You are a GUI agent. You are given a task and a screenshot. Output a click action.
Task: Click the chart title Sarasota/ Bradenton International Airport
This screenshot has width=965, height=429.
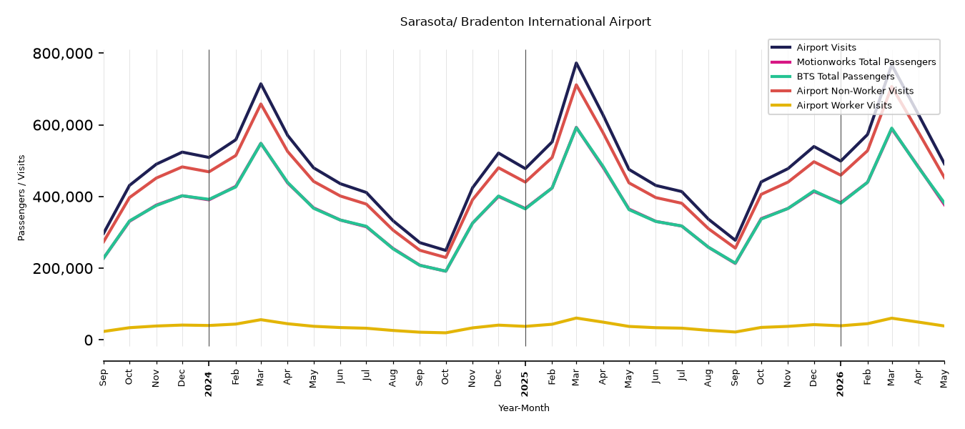pyautogui.click(x=525, y=21)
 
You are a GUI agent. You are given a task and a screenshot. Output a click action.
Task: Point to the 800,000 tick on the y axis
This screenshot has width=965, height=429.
pyautogui.click(x=63, y=54)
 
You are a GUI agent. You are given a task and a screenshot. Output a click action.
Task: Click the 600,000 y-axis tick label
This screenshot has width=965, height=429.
pyautogui.click(x=63, y=125)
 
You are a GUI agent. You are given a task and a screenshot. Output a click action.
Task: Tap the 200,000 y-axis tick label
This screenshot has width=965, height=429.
pyautogui.click(x=63, y=268)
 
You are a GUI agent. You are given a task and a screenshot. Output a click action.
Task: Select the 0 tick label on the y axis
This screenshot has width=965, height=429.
pyautogui.click(x=89, y=340)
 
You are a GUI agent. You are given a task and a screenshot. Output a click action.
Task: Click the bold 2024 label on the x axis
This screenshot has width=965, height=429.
pyautogui.click(x=209, y=384)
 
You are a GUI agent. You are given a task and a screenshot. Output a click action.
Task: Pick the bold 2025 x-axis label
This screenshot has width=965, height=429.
pyautogui.click(x=525, y=384)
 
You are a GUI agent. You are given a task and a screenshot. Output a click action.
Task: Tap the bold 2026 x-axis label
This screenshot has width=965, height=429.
pyautogui.click(x=840, y=384)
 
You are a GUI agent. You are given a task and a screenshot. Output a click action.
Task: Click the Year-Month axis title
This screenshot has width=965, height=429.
pyautogui.click(x=524, y=408)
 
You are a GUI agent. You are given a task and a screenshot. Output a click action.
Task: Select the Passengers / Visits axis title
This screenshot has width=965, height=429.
pyautogui.click(x=21, y=198)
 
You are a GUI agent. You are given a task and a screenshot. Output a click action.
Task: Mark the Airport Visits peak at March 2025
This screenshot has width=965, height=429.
pyautogui.click(x=576, y=63)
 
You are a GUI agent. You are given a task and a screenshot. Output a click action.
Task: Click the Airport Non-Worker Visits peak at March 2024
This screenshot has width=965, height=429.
pyautogui.click(x=261, y=104)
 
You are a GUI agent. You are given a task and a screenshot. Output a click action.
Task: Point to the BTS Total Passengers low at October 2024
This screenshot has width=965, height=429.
pyautogui.click(x=445, y=272)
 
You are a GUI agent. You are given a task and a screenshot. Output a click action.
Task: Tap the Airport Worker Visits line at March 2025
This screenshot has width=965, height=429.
pyautogui.click(x=576, y=318)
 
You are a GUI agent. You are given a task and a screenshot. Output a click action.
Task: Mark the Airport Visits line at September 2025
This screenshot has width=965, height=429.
pyautogui.click(x=735, y=240)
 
